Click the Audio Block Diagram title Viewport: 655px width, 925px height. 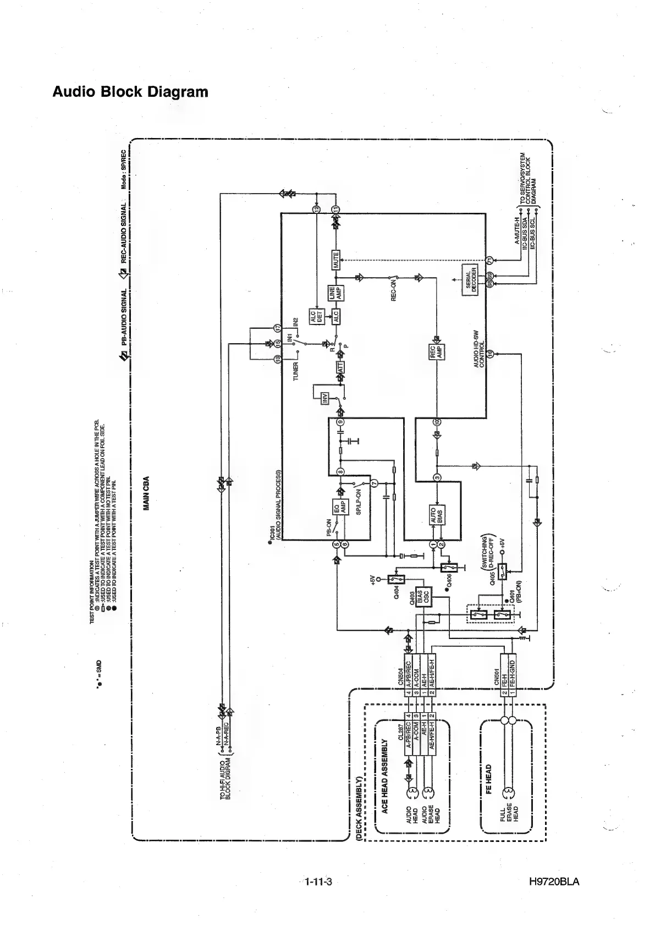pos(130,91)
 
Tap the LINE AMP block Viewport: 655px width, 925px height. pos(335,293)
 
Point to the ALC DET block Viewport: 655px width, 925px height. pos(316,317)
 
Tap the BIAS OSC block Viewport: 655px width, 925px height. pos(423,597)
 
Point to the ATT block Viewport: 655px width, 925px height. pos(340,368)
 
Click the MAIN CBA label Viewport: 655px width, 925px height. pos(146,493)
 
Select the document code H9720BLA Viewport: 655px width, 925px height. pos(554,883)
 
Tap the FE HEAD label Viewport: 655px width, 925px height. pos(488,779)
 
